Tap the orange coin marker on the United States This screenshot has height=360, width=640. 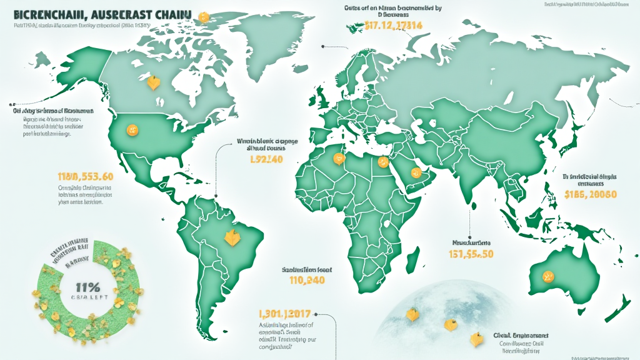(131, 129)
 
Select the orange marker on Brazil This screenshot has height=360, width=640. (230, 237)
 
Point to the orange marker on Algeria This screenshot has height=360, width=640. (339, 159)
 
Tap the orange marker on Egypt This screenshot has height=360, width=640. (381, 162)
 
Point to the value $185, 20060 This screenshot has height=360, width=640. (590, 194)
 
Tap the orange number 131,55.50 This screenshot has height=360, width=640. (471, 254)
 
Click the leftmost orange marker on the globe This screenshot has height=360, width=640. (412, 314)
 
